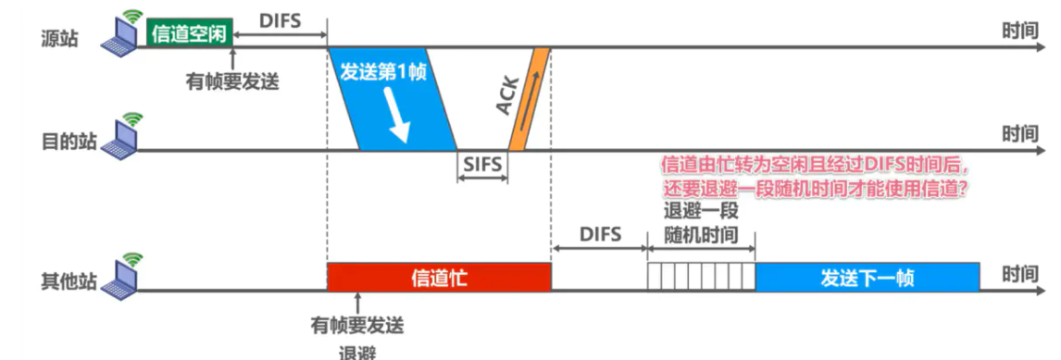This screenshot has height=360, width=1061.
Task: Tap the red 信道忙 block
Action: tap(439, 277)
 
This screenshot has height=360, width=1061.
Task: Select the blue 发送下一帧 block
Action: tap(868, 277)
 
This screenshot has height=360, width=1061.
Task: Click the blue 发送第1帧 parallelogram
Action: tap(393, 97)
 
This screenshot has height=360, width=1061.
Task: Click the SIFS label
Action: tap(482, 166)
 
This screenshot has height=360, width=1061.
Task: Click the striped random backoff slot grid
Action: tap(702, 277)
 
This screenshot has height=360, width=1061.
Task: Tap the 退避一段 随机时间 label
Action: tap(702, 222)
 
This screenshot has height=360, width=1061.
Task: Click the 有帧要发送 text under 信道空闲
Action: tap(232, 81)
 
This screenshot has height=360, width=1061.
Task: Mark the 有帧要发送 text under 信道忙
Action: tap(357, 326)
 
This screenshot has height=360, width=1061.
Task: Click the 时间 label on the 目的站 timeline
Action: tap(1020, 135)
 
